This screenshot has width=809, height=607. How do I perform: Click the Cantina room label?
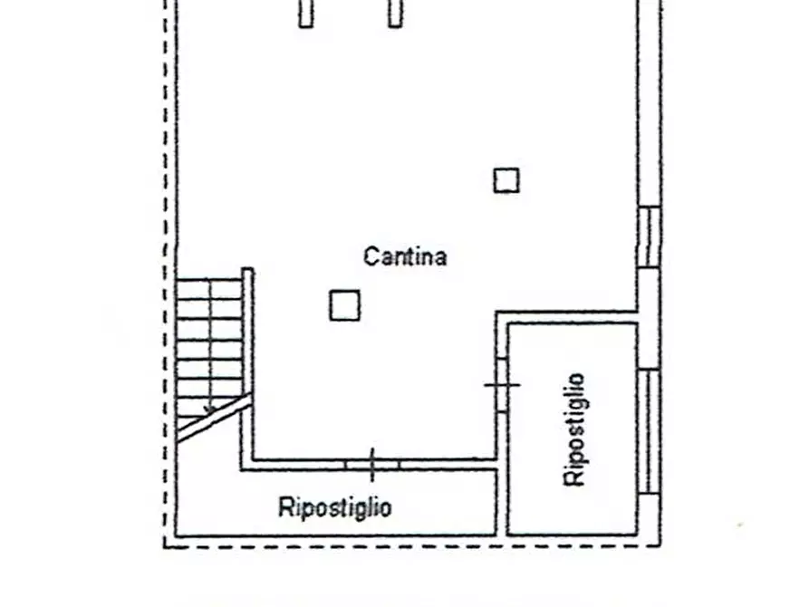coord(405,256)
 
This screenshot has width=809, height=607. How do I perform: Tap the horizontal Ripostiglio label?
coord(335,506)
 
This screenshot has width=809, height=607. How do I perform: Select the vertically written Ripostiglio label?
coord(574,429)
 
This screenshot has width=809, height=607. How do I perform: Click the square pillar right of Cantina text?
coord(506,180)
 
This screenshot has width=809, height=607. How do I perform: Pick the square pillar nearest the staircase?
coord(344,305)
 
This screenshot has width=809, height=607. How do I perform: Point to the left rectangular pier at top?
coord(306,13)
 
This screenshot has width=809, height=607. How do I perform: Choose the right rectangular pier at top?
coord(395,13)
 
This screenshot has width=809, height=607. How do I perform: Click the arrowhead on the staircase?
coord(209,409)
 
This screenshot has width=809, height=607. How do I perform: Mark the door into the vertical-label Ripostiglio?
coord(502,384)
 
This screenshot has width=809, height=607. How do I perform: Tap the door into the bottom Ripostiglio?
coord(372,465)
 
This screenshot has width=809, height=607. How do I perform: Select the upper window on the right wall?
coord(649,237)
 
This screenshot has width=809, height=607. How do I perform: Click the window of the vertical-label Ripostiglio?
coord(649,431)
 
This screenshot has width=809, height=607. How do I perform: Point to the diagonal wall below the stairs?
coord(214,418)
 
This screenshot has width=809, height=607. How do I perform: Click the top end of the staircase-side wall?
coord(247,269)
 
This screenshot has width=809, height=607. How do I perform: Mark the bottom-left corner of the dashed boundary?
coord(165,546)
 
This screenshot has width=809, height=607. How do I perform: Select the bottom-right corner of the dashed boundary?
coord(660,545)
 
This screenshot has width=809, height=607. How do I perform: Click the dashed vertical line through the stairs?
coord(209,344)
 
